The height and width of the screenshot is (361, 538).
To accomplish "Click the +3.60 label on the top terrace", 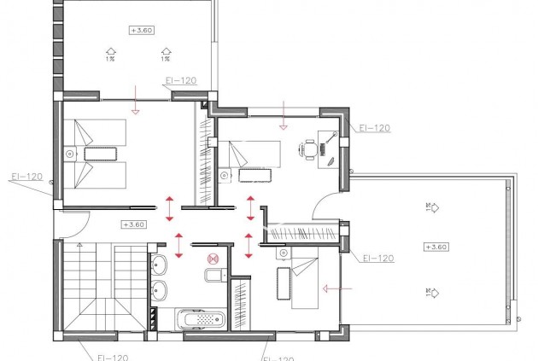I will point(140,30).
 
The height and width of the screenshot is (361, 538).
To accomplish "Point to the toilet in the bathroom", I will point(213,274).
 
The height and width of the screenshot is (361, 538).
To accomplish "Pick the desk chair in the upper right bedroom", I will point(308,148).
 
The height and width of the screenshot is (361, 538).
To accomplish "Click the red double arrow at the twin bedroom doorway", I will point(169,206).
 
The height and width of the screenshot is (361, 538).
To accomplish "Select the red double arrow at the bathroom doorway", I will point(178,245).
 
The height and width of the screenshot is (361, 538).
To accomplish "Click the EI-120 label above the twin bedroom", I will point(179,81).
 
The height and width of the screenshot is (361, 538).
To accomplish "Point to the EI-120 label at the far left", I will point(26,177).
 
